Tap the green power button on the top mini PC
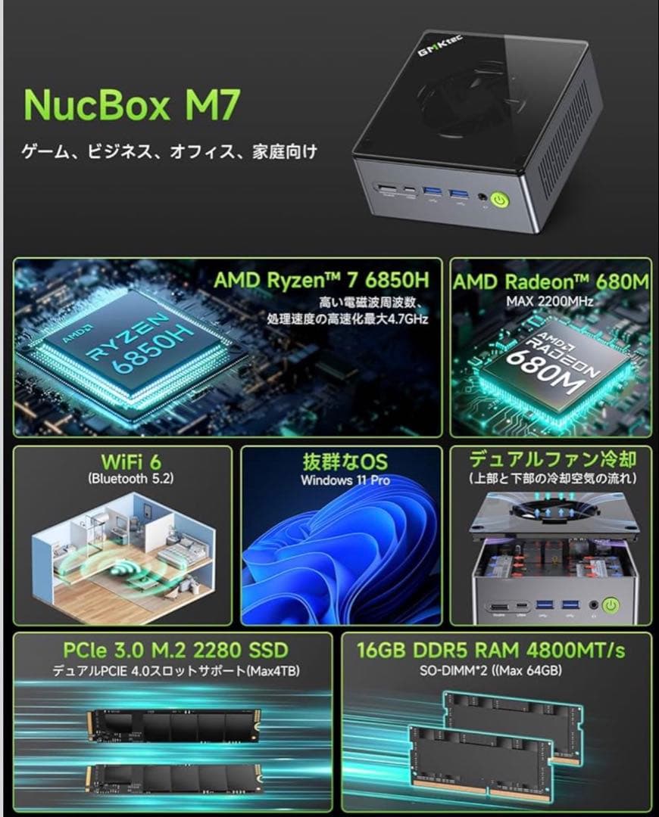pyautogui.click(x=500, y=200)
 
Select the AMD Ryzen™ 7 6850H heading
pyautogui.click(x=321, y=280)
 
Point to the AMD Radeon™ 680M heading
pyautogui.click(x=551, y=281)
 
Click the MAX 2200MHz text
pyautogui.click(x=550, y=301)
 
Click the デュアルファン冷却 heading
pyautogui.click(x=551, y=459)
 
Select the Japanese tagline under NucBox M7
pyautogui.click(x=169, y=152)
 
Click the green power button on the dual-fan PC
pyautogui.click(x=610, y=605)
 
